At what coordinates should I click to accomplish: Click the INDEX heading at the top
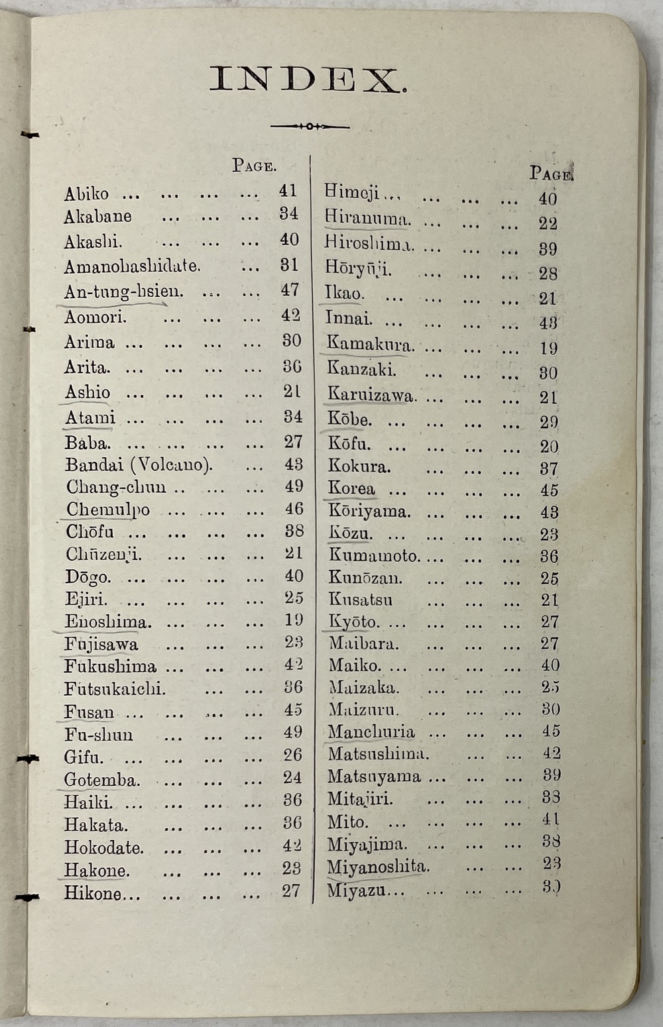[308, 80]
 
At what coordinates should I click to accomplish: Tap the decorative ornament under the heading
[310, 126]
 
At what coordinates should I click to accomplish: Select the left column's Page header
[254, 166]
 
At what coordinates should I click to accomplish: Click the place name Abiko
[86, 194]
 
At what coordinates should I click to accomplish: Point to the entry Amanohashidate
[131, 266]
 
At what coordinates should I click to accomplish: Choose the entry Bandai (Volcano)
[139, 464]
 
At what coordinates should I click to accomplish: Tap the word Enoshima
[108, 622]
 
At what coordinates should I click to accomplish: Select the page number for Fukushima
[293, 665]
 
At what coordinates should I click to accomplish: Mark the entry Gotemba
[102, 780]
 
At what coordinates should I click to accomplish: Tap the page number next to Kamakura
[548, 348]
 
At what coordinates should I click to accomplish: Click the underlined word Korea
[351, 489]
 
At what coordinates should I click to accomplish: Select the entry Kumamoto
[373, 556]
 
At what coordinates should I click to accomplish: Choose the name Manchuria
[371, 732]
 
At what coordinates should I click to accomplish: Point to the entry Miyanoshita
[378, 867]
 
